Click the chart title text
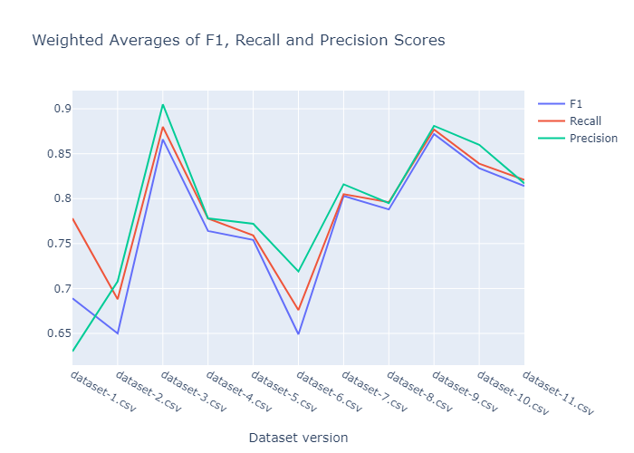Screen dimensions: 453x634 click(238, 41)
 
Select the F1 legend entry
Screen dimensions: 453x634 click(576, 103)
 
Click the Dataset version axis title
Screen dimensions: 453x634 click(298, 437)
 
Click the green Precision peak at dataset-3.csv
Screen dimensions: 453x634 click(163, 104)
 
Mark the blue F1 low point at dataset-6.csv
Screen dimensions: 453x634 click(298, 334)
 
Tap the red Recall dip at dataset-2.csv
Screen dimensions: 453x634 click(118, 299)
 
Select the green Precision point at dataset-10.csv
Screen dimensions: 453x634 click(479, 145)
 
